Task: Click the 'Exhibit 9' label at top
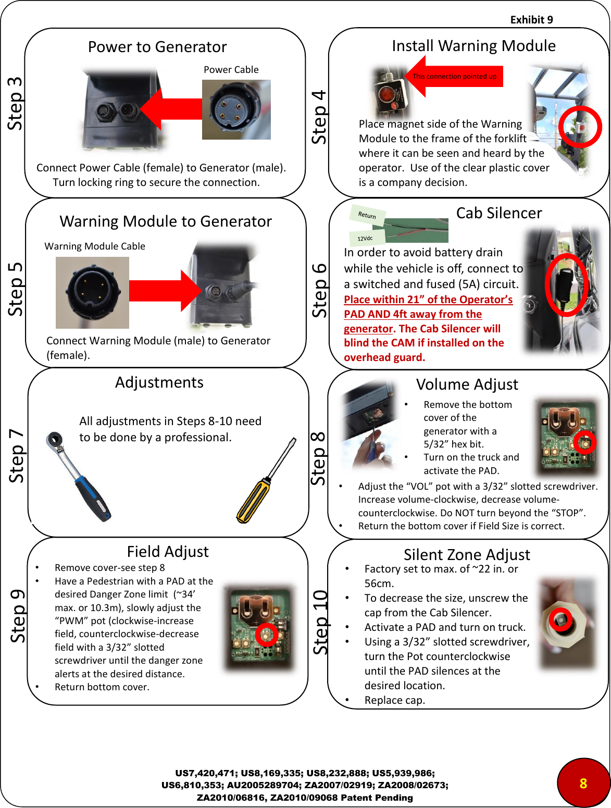tap(531, 20)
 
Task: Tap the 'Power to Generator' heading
tap(157, 47)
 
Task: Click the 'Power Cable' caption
tap(231, 70)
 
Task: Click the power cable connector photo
tap(236, 109)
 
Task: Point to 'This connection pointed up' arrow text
tap(454, 77)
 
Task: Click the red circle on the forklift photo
tap(580, 127)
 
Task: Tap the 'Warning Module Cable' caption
tap(95, 246)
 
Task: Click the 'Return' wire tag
tap(367, 215)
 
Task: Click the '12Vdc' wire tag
tap(365, 238)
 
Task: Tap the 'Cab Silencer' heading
tap(498, 213)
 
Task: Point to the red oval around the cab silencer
tap(566, 284)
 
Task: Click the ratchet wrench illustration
tap(78, 476)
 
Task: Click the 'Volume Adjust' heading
tap(467, 384)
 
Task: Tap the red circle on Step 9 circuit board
tap(267, 635)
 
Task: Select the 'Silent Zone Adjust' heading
tap(467, 554)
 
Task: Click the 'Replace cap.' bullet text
tap(394, 700)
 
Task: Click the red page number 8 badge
tap(583, 783)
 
